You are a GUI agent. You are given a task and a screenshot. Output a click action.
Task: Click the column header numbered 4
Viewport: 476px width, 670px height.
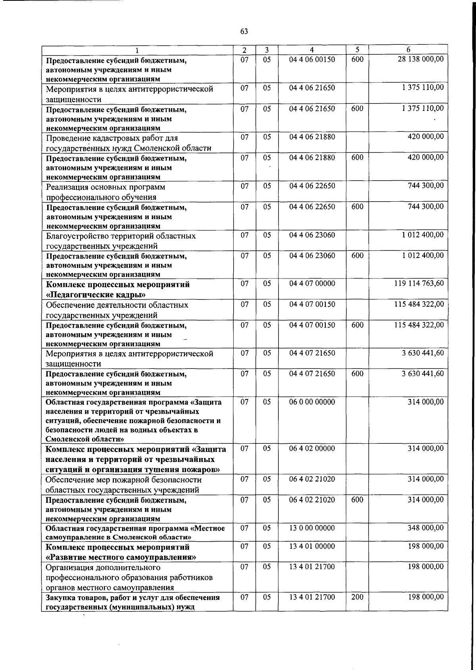tap(312, 50)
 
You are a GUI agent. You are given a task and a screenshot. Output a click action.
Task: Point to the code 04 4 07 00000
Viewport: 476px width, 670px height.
tap(312, 284)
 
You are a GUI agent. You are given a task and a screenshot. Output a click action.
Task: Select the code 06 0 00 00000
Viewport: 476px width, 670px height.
tap(312, 402)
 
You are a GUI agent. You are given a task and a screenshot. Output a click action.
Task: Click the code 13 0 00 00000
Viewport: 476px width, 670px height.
tap(312, 528)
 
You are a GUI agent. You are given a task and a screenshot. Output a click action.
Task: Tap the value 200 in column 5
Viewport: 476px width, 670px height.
tap(357, 597)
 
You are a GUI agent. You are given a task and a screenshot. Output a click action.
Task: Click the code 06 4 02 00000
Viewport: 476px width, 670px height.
tap(312, 449)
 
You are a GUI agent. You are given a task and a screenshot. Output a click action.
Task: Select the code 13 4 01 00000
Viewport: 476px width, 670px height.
tap(312, 546)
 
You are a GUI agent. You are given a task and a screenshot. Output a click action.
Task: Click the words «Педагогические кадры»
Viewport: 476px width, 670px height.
tap(96, 295)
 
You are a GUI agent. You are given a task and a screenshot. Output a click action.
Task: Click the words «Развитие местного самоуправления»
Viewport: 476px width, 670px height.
tap(121, 557)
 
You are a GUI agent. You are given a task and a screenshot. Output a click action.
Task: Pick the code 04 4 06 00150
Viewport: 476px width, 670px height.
tap(312, 59)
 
